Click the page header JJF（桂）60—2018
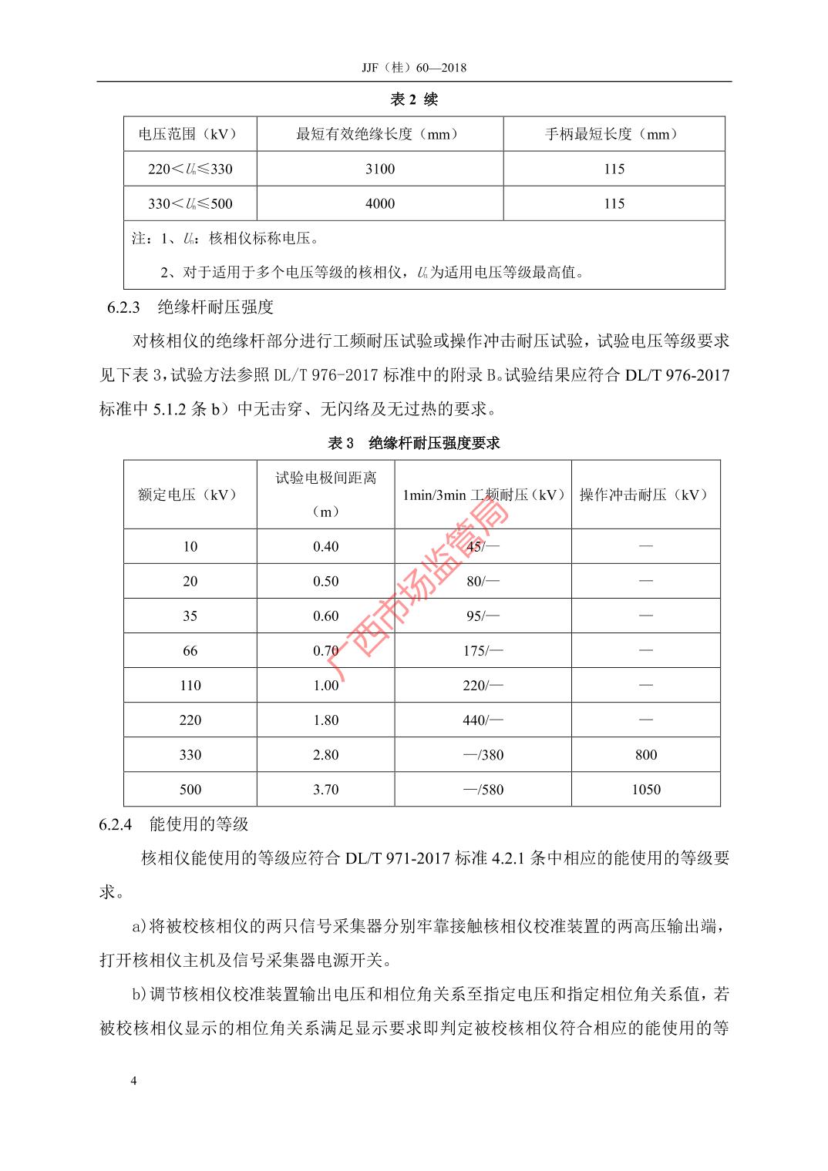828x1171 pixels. point(414,68)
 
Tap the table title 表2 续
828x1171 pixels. point(414,99)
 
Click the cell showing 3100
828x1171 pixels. point(380,169)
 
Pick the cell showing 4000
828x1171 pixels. point(380,203)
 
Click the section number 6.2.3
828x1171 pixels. point(123,307)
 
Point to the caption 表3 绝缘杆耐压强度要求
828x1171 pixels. point(414,443)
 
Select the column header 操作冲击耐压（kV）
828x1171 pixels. point(645,495)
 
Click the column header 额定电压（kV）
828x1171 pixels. point(188,495)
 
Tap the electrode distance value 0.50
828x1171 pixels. point(326,581)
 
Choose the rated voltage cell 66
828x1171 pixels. point(190,650)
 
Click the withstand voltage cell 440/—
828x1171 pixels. point(483,720)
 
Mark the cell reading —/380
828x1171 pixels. point(483,754)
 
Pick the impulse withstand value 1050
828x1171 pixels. point(646,789)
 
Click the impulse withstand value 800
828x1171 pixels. point(646,754)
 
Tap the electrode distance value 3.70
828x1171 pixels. point(326,789)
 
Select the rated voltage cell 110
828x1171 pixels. point(190,685)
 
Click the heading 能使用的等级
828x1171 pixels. point(199,824)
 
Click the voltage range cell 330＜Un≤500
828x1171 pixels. point(190,203)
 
